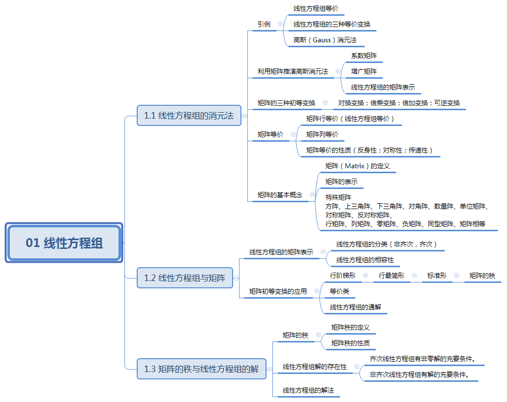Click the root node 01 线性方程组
[x=64, y=243]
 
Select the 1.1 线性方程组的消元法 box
[x=189, y=116]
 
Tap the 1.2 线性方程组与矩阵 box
[x=184, y=278]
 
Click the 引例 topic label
[x=264, y=24]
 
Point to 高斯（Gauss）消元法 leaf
[x=325, y=40]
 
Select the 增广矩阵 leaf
[x=364, y=71]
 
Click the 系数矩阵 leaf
[x=364, y=56]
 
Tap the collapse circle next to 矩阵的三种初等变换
[x=325, y=103]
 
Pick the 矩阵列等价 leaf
[x=322, y=134]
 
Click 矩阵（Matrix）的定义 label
[x=358, y=166]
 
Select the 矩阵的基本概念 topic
[x=280, y=195]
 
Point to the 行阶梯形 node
[x=342, y=276]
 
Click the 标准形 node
[x=437, y=276]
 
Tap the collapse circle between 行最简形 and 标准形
[x=414, y=276]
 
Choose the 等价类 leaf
[x=339, y=291]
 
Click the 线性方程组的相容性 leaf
[x=365, y=260]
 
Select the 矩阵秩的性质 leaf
[x=350, y=343]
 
